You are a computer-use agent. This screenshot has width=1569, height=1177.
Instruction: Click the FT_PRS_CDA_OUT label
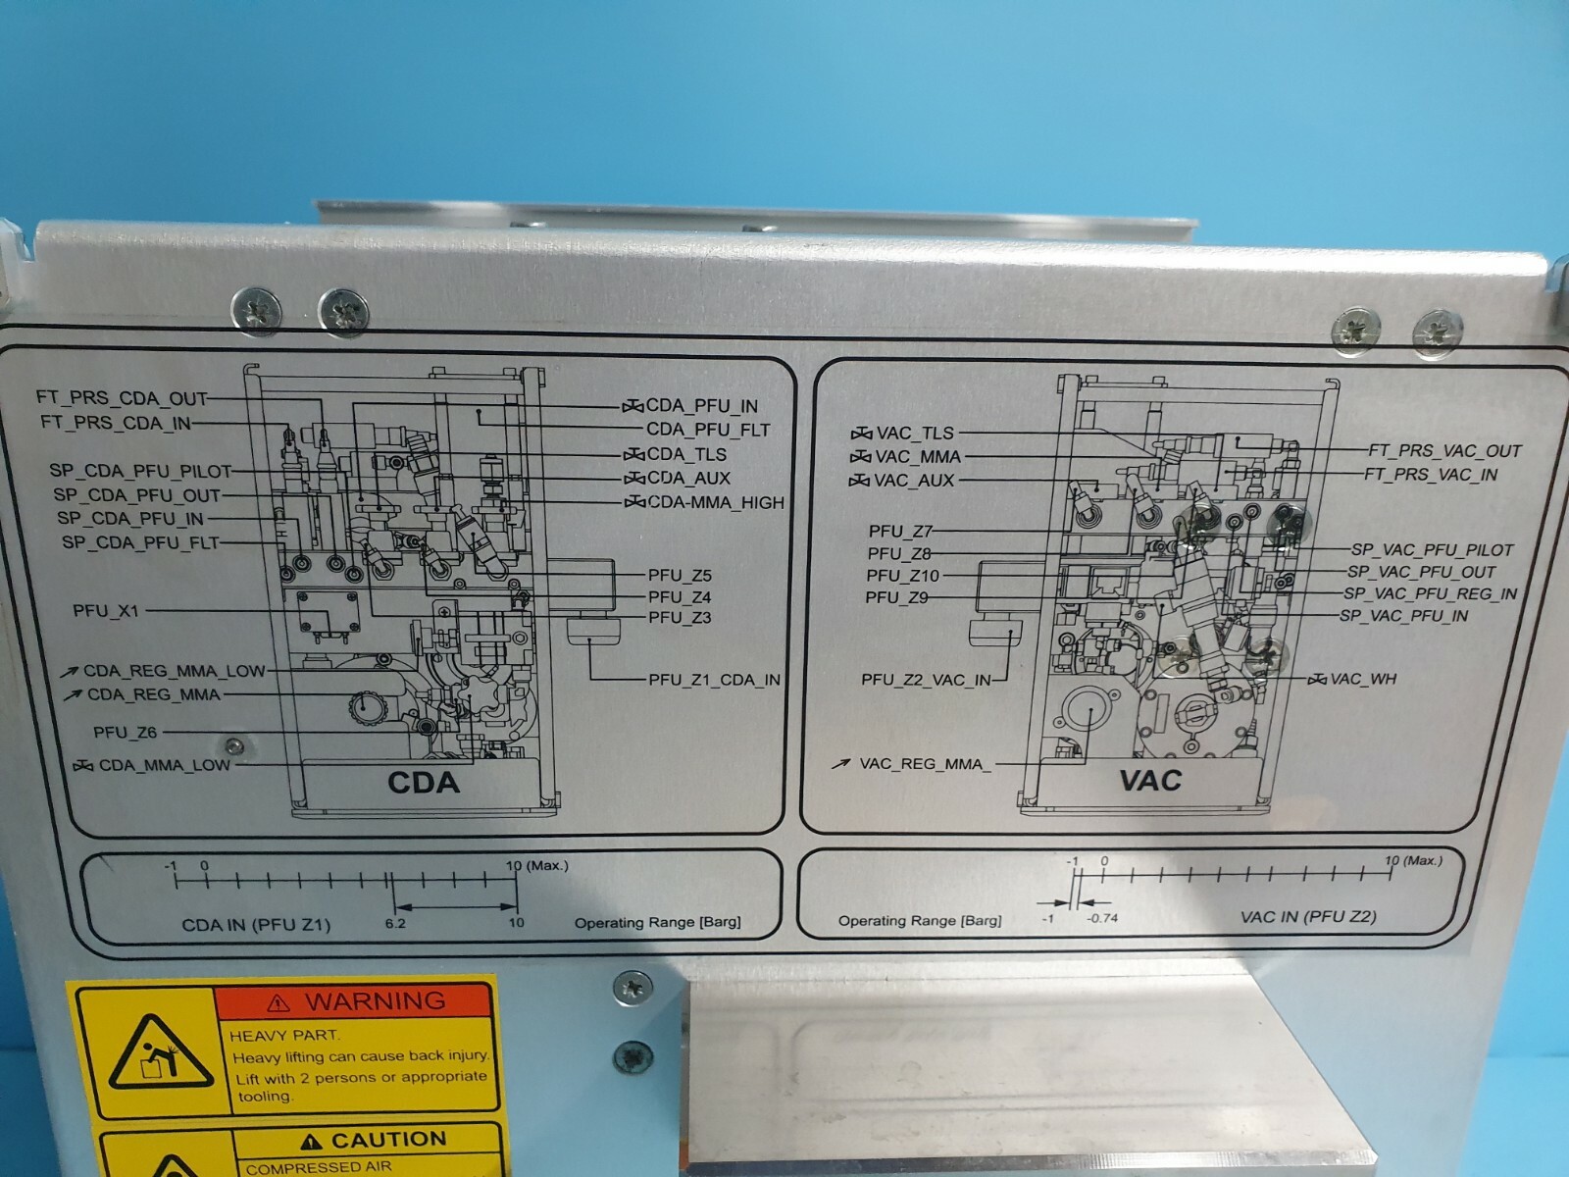pos(122,398)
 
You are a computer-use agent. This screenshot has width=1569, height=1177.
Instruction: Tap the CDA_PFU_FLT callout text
pos(707,430)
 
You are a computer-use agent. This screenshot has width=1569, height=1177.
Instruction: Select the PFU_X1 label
pos(106,611)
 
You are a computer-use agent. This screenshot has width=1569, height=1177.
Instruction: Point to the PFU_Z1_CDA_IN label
pos(714,679)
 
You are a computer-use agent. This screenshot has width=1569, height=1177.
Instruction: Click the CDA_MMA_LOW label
pos(164,765)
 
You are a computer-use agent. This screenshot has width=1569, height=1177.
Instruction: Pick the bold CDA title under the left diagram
pos(424,783)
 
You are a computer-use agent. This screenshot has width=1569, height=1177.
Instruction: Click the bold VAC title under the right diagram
pos(1149,781)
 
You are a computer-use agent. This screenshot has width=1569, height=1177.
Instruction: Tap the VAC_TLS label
pos(914,433)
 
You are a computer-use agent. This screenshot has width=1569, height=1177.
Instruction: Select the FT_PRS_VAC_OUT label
pos(1444,451)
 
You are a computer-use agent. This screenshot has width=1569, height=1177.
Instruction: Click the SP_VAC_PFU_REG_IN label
pos(1430,593)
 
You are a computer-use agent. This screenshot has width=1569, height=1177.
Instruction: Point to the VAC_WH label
pos(1363,679)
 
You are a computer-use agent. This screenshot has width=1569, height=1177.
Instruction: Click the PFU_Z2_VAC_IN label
pos(926,680)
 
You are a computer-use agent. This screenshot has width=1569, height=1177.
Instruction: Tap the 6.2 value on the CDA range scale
pos(395,923)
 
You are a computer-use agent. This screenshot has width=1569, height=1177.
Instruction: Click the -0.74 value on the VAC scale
pos(1101,918)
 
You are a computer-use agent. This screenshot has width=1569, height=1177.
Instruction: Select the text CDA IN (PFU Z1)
pos(256,925)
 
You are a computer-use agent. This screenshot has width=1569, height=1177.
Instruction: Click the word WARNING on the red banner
pos(375,1001)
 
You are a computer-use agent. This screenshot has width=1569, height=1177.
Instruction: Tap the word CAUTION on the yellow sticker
pos(387,1140)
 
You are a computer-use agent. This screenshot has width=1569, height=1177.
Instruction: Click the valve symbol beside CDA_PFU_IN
pos(633,406)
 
